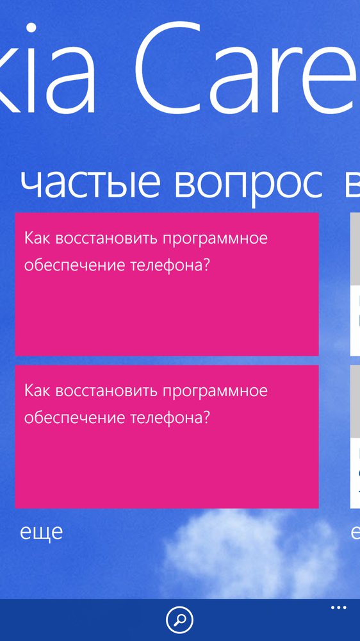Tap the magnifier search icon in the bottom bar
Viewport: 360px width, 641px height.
[x=180, y=619]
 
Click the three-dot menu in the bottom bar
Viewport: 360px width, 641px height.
[x=338, y=608]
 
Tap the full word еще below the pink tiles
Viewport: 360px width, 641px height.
[x=41, y=533]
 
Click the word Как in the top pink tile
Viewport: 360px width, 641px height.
[x=37, y=238]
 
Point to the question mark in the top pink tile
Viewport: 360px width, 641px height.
[x=206, y=265]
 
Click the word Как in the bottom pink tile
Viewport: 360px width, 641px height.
[x=37, y=391]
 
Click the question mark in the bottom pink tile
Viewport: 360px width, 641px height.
[x=206, y=418]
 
